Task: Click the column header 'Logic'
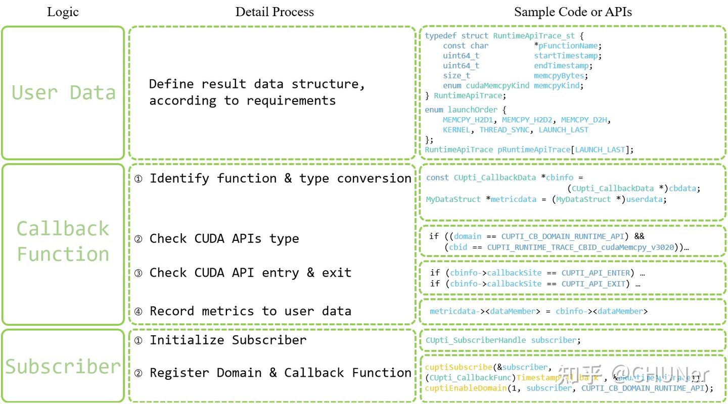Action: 63,12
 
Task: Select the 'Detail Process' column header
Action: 275,12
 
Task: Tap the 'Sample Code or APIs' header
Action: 573,12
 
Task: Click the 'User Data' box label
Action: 63,93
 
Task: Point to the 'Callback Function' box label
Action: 63,241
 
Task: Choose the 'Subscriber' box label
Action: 63,367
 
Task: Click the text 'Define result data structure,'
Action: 257,84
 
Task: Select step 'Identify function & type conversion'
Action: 280,178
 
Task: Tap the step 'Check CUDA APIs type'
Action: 224,238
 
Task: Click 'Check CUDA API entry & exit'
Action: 250,273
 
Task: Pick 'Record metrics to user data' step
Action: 250,311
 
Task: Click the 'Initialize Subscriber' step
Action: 227,340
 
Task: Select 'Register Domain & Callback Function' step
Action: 280,373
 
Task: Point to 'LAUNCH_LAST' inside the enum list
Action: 563,130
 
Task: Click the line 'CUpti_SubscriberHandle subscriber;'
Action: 503,340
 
